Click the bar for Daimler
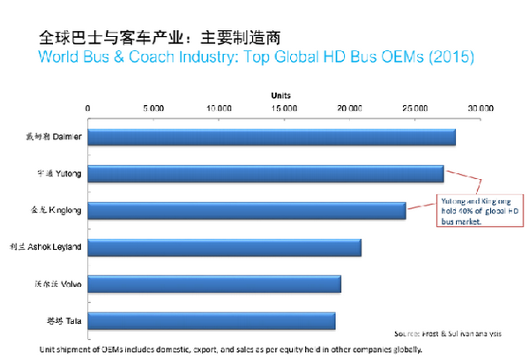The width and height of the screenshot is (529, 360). coord(272,137)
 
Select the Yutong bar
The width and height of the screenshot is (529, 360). coord(265,173)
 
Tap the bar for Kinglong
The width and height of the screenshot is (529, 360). coord(247,210)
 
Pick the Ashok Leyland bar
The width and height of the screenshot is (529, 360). coord(225,247)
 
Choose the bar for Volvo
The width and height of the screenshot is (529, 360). coord(214,284)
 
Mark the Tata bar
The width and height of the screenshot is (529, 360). coord(212,320)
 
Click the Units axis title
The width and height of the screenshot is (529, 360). coord(282,94)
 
